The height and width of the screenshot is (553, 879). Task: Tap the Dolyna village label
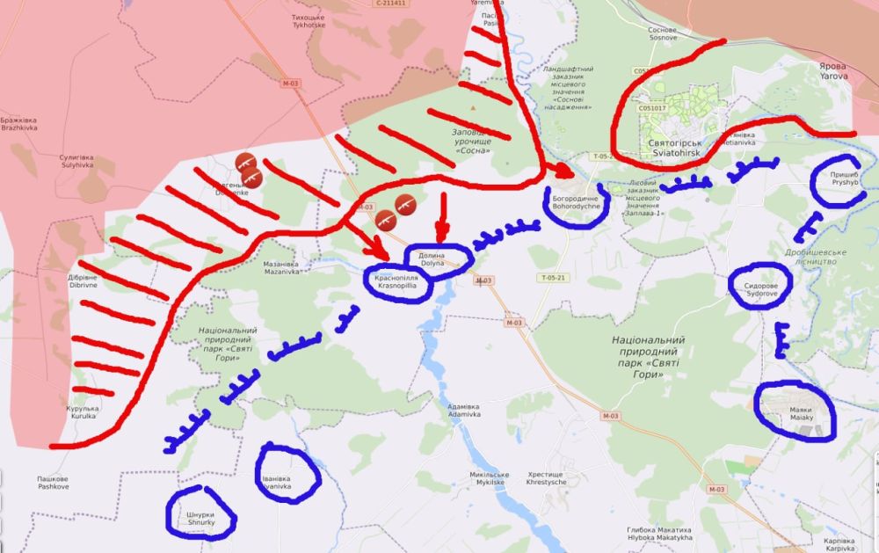[x=432, y=259]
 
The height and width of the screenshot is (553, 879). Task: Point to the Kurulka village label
[x=82, y=412]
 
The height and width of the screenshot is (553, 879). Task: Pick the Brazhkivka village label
[x=18, y=123]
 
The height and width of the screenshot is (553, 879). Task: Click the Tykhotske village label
[x=309, y=20]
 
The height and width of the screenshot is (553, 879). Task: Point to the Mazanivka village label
[x=281, y=267]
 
